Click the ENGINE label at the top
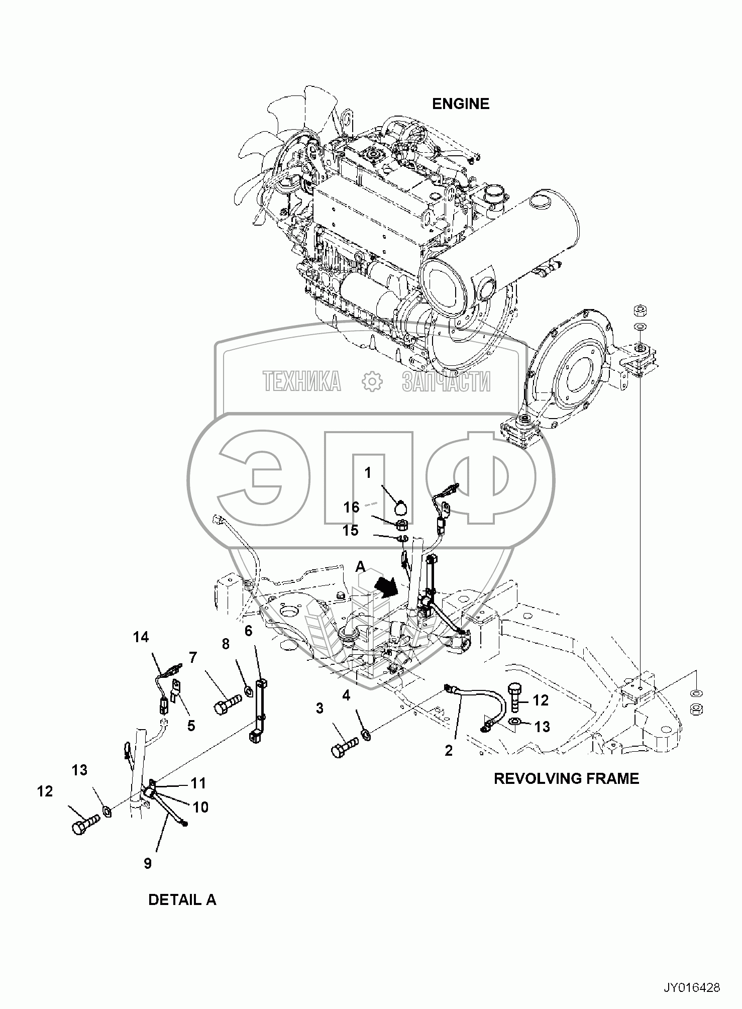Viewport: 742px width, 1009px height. [x=461, y=104]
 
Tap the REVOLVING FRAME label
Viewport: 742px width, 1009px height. [x=566, y=778]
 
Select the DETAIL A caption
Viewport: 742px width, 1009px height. [x=182, y=899]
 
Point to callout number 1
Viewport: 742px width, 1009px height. [x=368, y=473]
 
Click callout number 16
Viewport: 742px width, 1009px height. [x=352, y=507]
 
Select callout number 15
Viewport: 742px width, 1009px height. [x=351, y=530]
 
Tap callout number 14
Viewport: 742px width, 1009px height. [x=141, y=637]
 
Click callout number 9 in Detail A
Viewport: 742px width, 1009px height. [x=148, y=864]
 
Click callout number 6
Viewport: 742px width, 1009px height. [x=248, y=631]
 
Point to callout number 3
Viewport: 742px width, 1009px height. [x=320, y=709]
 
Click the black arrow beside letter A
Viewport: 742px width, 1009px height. [x=388, y=586]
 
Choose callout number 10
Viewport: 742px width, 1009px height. [x=200, y=807]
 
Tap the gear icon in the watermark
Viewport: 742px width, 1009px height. [x=372, y=380]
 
